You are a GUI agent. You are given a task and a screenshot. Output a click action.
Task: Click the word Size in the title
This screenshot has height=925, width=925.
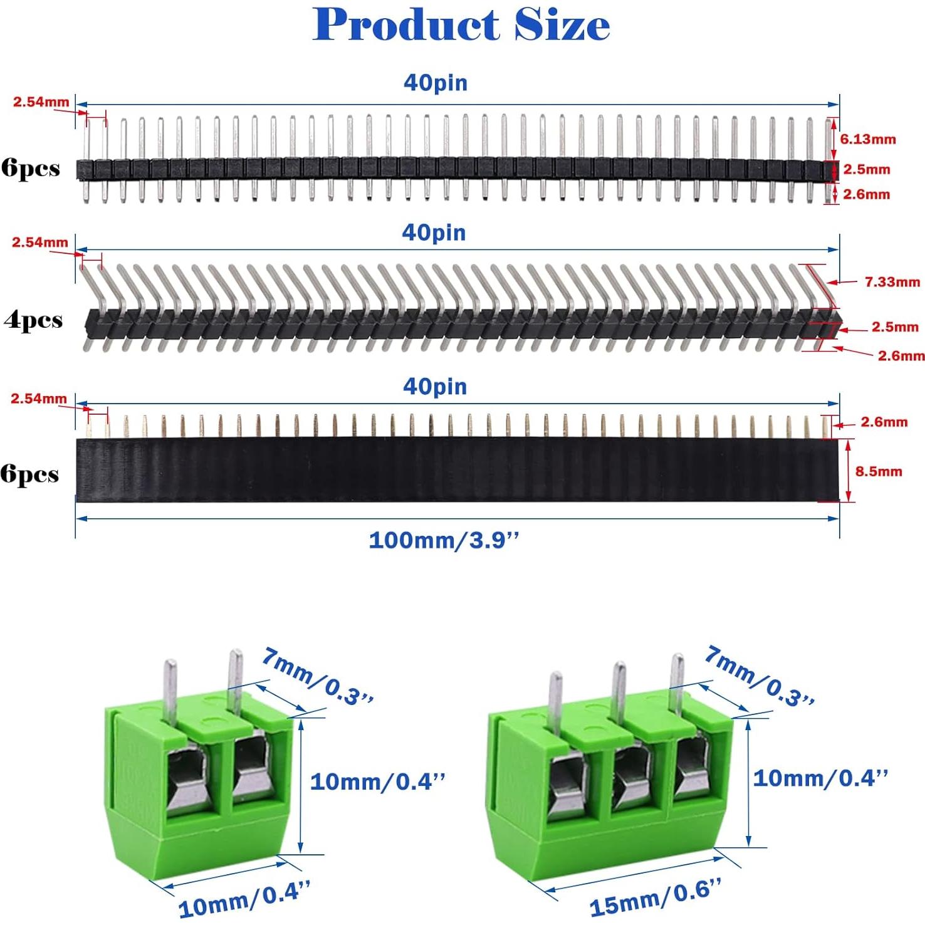[x=562, y=25]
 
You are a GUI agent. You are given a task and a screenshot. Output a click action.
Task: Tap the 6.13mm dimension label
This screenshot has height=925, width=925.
[x=867, y=139]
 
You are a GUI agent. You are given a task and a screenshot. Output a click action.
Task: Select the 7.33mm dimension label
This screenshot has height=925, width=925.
[x=892, y=282]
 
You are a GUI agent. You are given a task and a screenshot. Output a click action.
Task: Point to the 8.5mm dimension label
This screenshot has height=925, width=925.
[x=878, y=471]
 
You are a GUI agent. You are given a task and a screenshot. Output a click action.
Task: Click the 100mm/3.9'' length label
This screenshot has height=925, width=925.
[x=444, y=540]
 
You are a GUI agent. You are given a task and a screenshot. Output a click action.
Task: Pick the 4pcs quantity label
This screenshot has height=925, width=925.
[x=33, y=320]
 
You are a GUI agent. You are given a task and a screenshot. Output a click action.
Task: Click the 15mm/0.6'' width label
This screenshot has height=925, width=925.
[x=655, y=897]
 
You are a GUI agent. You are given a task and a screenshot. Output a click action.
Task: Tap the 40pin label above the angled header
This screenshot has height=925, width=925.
[x=434, y=233]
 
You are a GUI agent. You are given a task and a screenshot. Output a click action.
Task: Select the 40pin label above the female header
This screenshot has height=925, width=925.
[x=435, y=387]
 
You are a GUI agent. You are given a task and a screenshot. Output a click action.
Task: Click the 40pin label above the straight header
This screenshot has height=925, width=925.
[x=435, y=83]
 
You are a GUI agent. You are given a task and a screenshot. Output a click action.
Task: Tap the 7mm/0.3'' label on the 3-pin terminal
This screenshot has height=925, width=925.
[x=759, y=677]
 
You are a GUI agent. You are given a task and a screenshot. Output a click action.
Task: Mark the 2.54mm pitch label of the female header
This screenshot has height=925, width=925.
[x=38, y=399]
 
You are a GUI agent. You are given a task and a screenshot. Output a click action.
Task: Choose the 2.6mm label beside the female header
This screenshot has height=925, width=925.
[x=884, y=422]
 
